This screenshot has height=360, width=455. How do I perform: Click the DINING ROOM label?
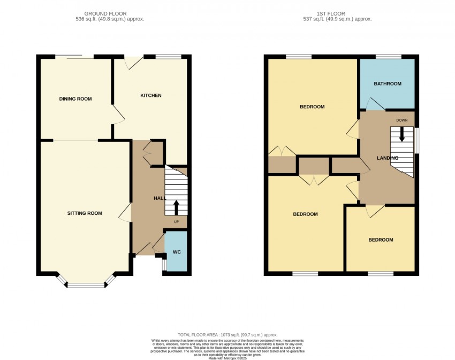(x=75, y=99)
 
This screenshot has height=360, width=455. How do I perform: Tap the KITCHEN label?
(x=150, y=95)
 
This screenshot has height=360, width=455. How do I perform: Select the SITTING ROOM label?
(x=85, y=213)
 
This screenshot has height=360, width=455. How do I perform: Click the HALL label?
(x=160, y=198)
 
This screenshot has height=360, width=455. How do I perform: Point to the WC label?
(x=177, y=252)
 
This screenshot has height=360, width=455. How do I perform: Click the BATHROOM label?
(x=387, y=84)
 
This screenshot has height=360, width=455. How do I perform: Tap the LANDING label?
(x=387, y=158)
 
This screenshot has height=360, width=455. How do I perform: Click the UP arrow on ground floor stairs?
(x=177, y=207)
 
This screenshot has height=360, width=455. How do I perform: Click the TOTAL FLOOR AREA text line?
(x=227, y=334)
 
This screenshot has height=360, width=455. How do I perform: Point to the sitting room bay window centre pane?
(x=86, y=285)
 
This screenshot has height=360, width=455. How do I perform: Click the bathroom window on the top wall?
(x=388, y=56)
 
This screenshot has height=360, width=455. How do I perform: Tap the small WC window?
(x=164, y=265)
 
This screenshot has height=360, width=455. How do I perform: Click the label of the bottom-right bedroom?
(x=381, y=240)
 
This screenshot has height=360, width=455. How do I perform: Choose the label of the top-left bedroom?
(x=312, y=107)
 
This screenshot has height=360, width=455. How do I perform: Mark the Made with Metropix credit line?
(x=227, y=358)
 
